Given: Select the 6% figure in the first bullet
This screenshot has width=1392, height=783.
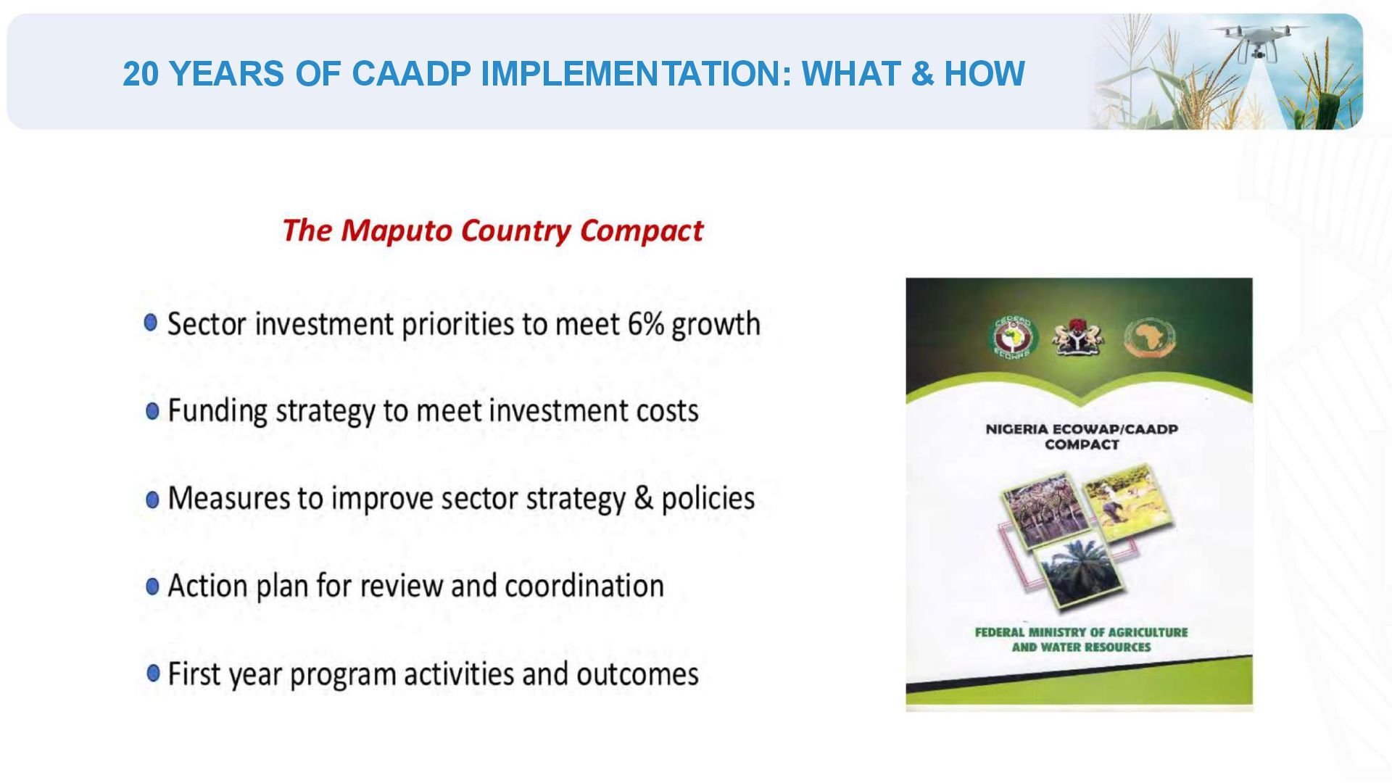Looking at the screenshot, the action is (x=646, y=323).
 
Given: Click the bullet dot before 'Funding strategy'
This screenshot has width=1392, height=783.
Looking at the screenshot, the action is (x=152, y=411).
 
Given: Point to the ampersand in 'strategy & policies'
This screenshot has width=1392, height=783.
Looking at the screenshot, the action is (x=643, y=499).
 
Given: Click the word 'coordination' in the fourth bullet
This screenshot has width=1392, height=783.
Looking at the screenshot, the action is (x=584, y=586).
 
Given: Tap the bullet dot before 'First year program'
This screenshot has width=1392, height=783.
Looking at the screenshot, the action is (x=153, y=674).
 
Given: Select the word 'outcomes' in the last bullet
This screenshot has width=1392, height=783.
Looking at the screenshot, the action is (x=637, y=674).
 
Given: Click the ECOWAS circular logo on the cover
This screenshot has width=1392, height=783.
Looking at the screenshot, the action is (x=1013, y=338).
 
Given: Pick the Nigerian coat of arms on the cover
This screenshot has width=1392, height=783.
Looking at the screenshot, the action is (x=1077, y=336).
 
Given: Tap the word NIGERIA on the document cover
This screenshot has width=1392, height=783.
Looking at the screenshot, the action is (x=1016, y=429).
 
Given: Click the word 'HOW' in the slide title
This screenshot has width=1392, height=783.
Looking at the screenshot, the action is (x=984, y=73).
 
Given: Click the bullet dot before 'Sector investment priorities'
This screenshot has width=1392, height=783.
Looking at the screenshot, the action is (x=151, y=323).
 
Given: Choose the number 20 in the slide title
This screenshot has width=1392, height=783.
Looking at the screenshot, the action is (x=141, y=73).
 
